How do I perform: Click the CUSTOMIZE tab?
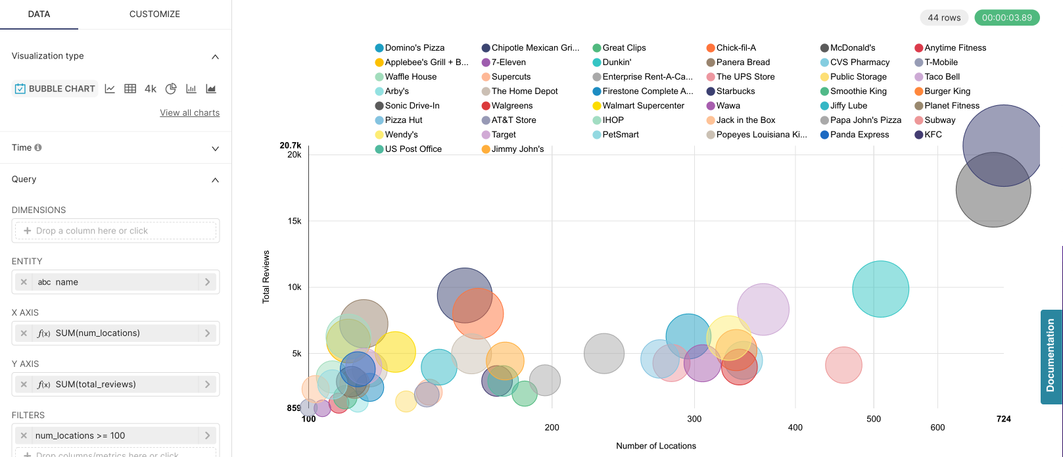coord(154,14)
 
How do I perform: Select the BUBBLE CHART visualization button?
coord(55,89)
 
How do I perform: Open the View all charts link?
coord(189,113)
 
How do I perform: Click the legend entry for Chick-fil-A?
coord(736,48)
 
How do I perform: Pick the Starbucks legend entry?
coord(735,91)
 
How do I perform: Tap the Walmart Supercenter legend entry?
coord(643,106)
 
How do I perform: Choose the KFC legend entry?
coord(933,135)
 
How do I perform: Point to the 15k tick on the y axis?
coord(294,221)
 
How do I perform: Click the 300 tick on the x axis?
coord(694,419)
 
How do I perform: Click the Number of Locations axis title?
coord(655,446)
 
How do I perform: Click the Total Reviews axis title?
coord(266,276)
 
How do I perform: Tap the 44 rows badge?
coord(944,18)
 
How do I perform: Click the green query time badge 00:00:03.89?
coord(1006,18)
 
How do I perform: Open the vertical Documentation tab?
coord(1051,356)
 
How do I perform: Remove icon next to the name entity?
coord(24,282)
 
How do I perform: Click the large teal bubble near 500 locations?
coord(880,289)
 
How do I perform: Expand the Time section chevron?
coord(215,149)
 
